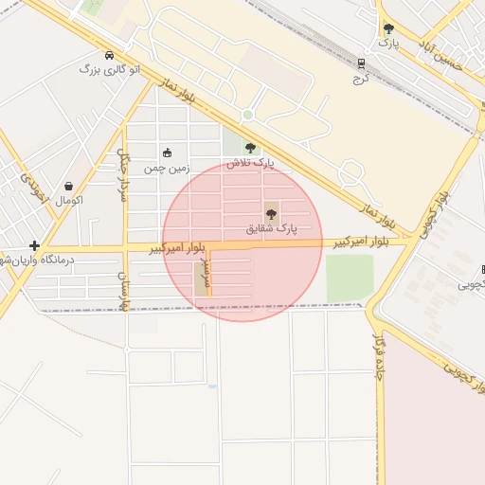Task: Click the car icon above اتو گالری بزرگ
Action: click(111, 55)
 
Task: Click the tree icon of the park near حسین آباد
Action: click(388, 29)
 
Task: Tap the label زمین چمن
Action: click(167, 168)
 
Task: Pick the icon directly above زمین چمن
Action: click(168, 153)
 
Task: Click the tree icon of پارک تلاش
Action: click(250, 148)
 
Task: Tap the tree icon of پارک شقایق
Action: click(272, 214)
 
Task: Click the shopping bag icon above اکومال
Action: click(69, 187)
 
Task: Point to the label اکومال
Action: click(69, 201)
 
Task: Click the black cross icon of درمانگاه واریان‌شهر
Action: click(34, 245)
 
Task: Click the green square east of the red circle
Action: click(350, 277)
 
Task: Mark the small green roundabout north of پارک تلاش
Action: click(247, 116)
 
